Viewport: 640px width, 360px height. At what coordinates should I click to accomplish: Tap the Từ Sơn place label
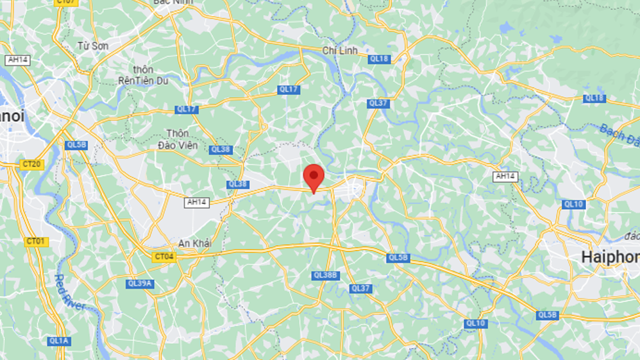coord(92,46)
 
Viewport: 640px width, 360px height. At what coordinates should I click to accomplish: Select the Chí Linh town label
coord(339,50)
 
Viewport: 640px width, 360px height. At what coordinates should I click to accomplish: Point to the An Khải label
coord(194,243)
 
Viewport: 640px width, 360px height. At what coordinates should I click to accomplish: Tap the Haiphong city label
coord(610,257)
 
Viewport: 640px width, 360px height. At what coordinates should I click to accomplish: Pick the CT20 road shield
coord(31,164)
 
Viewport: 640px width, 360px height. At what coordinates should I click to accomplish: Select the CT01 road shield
coord(36,242)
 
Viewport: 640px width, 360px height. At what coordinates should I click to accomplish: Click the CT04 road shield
coord(164,257)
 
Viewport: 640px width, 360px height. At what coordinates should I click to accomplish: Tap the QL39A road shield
coord(140,283)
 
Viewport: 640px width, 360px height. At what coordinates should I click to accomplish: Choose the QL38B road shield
coord(325,275)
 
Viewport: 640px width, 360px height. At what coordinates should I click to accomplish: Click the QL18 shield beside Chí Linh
coord(378,59)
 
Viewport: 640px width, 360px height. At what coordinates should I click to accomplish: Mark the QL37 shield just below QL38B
coord(360,289)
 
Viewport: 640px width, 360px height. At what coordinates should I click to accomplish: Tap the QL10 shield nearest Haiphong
coord(573,204)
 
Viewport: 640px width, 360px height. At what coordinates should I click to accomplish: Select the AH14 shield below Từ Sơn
coord(17,60)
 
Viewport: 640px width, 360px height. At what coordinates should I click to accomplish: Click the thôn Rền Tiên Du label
coord(142,75)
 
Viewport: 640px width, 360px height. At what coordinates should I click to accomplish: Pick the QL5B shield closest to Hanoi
coord(76,145)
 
